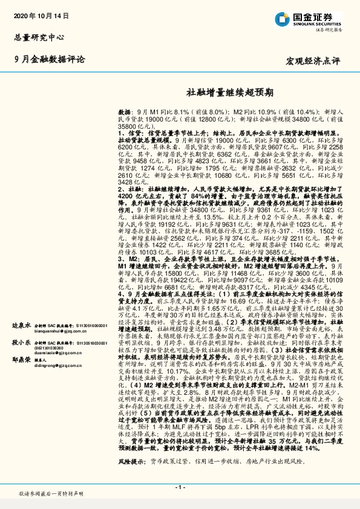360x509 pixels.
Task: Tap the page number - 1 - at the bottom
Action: pos(180,487)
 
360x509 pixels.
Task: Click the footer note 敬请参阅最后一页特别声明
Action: pos(50,494)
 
